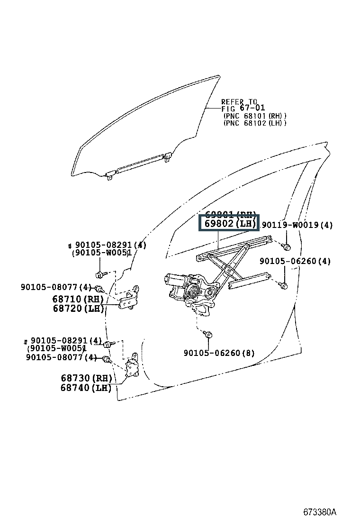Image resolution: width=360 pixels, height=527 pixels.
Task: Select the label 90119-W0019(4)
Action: coord(297,225)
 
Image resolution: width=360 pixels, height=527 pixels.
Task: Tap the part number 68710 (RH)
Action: coord(78,300)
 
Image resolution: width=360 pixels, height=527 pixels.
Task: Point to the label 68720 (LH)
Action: coord(78,309)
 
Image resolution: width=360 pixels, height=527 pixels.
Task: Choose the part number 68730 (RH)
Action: coord(86,378)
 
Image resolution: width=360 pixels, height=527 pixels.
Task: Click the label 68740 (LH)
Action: coord(86,388)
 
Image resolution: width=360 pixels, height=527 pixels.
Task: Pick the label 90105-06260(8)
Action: coord(219,353)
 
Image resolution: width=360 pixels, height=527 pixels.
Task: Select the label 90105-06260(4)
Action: coord(295,261)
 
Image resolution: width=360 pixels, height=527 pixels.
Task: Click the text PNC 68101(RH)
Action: coord(255,116)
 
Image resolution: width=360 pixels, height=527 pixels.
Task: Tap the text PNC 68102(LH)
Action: coord(255,123)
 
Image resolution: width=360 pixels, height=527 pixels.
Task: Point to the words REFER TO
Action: coord(239,102)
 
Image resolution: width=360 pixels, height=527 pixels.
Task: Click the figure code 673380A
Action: coord(320,512)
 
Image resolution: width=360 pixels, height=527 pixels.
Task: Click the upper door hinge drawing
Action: coord(128,299)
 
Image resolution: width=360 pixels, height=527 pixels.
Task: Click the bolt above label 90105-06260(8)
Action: coord(208,335)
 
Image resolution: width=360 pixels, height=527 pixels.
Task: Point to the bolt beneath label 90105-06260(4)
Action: coord(283,285)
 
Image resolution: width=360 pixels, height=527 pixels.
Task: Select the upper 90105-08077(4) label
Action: coord(56,287)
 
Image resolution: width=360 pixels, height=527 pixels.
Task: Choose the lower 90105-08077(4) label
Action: coord(62,357)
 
